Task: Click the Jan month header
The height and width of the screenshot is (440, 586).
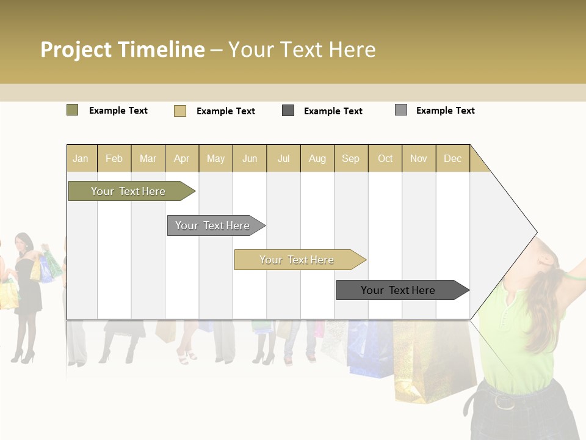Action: click(x=81, y=158)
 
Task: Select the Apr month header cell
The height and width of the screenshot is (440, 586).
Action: click(x=182, y=158)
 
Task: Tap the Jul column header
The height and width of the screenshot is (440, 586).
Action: click(x=283, y=158)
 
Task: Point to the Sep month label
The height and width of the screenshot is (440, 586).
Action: click(x=350, y=158)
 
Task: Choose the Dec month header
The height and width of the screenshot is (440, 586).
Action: click(x=452, y=158)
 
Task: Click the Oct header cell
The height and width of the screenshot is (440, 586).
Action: click(x=385, y=158)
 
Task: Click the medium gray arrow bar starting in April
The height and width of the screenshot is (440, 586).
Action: click(x=214, y=226)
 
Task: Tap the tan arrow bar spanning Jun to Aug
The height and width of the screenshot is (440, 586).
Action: click(x=298, y=260)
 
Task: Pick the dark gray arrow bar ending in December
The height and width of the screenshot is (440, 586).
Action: click(x=400, y=290)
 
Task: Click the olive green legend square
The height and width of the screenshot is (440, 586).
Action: click(x=72, y=110)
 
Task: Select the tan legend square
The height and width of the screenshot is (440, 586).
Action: click(x=179, y=111)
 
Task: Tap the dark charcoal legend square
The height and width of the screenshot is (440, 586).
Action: click(x=288, y=111)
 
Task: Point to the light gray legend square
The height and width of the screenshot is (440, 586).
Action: click(x=400, y=110)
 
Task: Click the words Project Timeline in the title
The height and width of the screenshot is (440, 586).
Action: click(x=122, y=50)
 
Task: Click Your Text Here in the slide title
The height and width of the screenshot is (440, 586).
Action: click(x=302, y=50)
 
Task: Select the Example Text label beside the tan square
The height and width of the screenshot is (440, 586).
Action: click(x=225, y=111)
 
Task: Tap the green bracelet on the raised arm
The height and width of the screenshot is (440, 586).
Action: click(x=573, y=276)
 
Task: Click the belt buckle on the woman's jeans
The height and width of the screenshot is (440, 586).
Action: click(x=504, y=402)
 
